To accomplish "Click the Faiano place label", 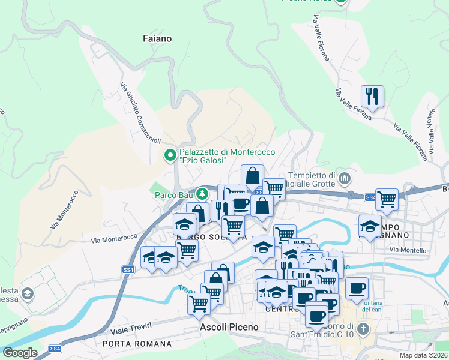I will click(x=158, y=38).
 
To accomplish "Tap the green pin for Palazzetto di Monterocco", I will click(x=170, y=156).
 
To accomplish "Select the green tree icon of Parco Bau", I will click(x=203, y=193).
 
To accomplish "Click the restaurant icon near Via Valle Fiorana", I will click(x=372, y=96).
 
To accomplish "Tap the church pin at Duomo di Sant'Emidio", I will click(x=363, y=329).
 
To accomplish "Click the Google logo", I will click(x=20, y=353).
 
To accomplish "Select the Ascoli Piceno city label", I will click(x=229, y=328).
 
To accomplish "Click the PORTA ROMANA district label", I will click(x=137, y=344).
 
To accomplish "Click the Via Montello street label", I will click(x=408, y=250).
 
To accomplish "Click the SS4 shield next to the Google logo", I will click(x=55, y=349).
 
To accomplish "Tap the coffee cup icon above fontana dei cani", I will click(x=357, y=288).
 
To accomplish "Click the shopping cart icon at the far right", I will click(x=387, y=199).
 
